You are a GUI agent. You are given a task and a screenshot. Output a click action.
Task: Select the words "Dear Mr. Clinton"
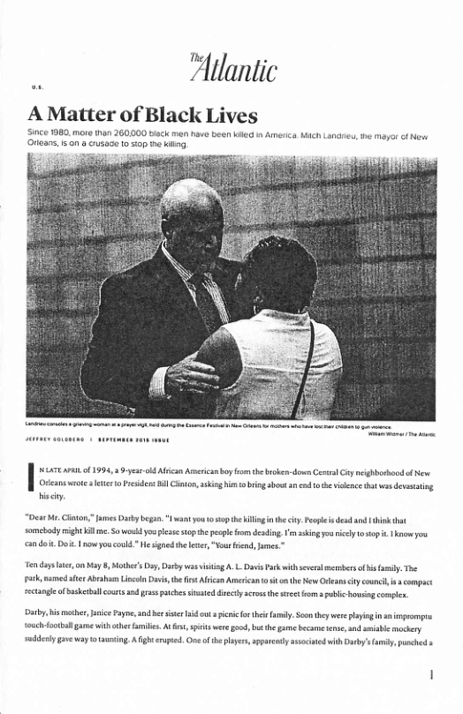pyautogui.click(x=62, y=507)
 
